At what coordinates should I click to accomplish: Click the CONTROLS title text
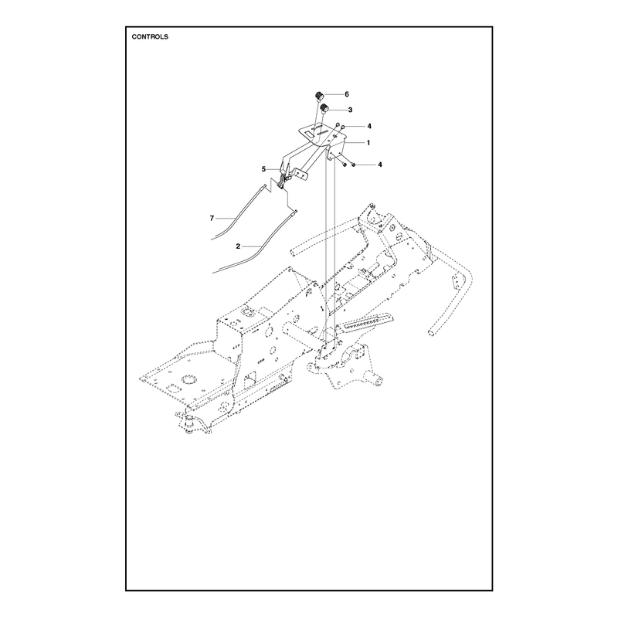(150, 36)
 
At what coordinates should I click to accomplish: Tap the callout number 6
(347, 94)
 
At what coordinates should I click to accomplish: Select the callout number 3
(351, 110)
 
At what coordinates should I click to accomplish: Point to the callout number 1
(368, 143)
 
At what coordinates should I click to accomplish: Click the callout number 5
(263, 169)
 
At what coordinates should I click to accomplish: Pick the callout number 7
(212, 218)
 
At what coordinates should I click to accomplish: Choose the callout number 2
(238, 246)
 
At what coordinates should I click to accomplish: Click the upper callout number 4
(369, 126)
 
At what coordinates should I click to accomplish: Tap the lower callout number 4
(380, 165)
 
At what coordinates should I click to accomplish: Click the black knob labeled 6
(319, 95)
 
